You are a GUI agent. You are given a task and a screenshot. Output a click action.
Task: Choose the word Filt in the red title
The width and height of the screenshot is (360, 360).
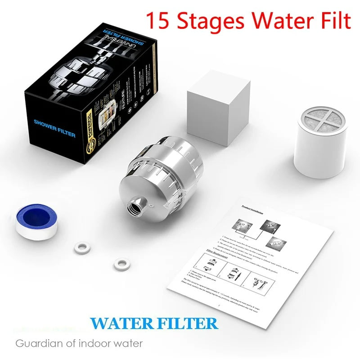pyautogui.click(x=333, y=21)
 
